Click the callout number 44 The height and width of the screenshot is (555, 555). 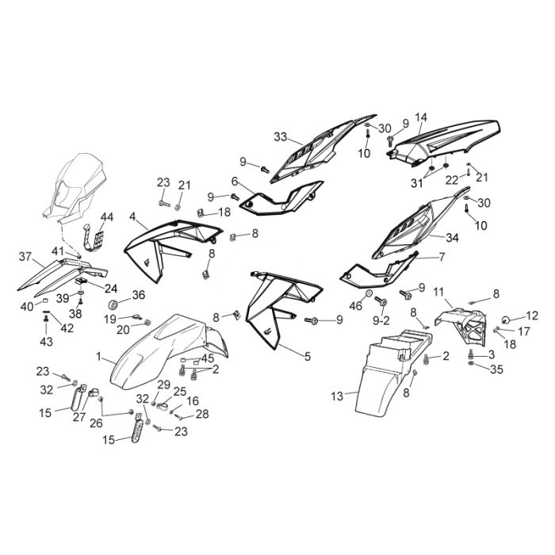(x=107, y=217)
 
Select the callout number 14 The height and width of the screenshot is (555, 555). (x=421, y=117)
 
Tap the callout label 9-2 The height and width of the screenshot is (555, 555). (x=381, y=320)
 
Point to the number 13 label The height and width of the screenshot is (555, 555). (x=337, y=396)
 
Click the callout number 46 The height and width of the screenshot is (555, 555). (x=356, y=305)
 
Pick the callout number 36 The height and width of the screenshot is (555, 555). (x=139, y=294)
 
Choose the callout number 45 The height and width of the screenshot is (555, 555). (x=208, y=358)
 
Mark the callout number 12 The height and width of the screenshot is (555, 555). (x=532, y=316)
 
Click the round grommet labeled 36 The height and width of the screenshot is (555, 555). (x=113, y=304)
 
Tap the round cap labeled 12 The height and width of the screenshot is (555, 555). (x=506, y=320)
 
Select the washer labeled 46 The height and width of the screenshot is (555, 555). (x=368, y=293)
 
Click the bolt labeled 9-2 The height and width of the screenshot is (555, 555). (x=381, y=301)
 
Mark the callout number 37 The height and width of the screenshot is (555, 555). (x=25, y=256)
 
